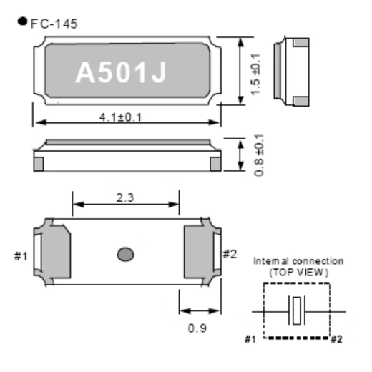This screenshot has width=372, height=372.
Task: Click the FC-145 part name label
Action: coord(54,24)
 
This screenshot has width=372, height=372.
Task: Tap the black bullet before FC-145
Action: coord(22,21)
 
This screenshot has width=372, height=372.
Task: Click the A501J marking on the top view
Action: coord(121,72)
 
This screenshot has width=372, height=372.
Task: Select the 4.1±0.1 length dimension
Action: coord(120,117)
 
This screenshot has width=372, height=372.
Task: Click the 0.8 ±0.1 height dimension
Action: coord(258,155)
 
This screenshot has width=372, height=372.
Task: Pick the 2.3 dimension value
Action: coord(125,197)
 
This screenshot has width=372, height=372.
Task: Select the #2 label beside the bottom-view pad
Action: coord(230,253)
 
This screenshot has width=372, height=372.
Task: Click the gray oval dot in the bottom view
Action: coord(126,253)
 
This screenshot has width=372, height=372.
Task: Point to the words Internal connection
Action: coord(298,261)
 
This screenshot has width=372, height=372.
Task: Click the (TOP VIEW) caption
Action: coord(298,273)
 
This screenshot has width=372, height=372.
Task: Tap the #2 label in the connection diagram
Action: coord(336,338)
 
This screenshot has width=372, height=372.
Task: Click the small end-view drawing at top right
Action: coord(295,69)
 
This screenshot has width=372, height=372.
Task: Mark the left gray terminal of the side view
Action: coord(39,164)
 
